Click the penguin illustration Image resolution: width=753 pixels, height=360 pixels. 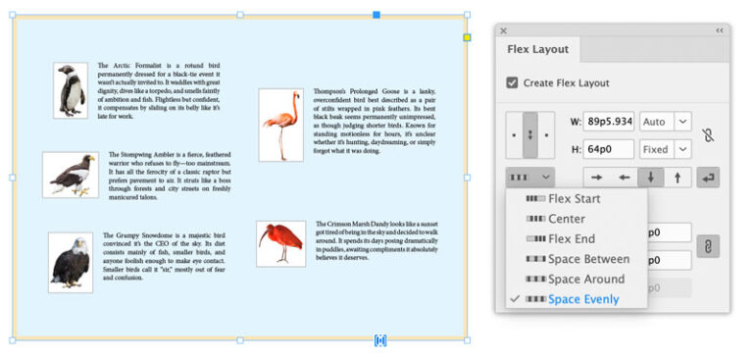tap(69, 90)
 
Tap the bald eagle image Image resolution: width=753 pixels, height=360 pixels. tap(71, 262)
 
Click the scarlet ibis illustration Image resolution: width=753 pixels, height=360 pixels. tap(281, 242)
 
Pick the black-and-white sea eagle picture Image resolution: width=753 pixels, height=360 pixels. tap(70, 175)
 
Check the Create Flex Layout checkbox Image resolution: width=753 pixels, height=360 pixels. tap(512, 83)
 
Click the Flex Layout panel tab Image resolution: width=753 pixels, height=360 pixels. tap(538, 49)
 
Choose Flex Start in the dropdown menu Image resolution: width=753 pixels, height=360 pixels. tap(574, 199)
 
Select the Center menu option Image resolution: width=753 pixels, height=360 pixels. tap(567, 219)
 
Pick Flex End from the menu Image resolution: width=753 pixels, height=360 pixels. tap(571, 239)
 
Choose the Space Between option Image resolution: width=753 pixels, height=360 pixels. tap(588, 259)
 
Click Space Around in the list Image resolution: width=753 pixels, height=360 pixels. tap(586, 280)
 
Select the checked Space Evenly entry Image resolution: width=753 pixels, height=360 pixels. tap(583, 299)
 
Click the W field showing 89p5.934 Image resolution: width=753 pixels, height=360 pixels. tap(609, 123)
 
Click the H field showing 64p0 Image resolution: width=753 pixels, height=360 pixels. tap(609, 150)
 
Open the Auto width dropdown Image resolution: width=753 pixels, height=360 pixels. tap(682, 123)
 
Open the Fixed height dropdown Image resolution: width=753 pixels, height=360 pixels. tap(682, 150)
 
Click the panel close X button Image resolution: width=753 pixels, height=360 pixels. tap(504, 31)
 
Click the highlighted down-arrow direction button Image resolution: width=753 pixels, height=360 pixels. tap(650, 178)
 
